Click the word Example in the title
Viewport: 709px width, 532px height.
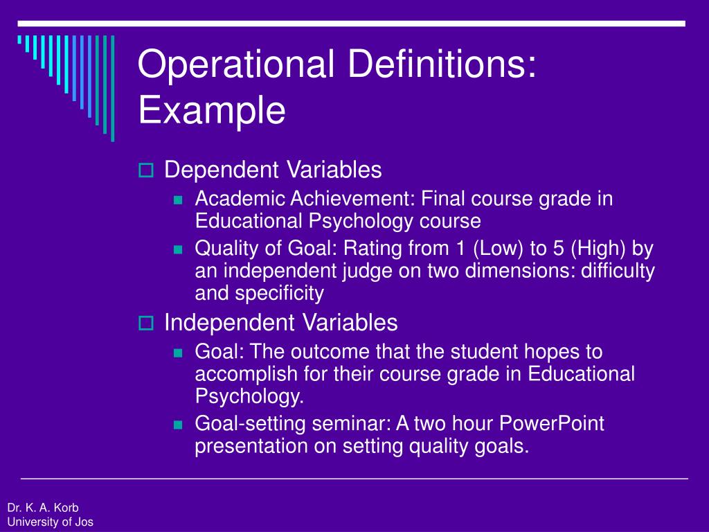[x=212, y=110]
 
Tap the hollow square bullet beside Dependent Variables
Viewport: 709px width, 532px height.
[x=145, y=170]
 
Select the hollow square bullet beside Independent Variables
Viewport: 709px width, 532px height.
[x=145, y=323]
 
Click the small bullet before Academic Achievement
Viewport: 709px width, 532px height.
[x=177, y=200]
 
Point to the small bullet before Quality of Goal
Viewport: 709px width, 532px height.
[x=177, y=249]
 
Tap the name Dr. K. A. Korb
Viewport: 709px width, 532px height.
[x=43, y=507]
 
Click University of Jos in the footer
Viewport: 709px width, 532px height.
[x=50, y=522]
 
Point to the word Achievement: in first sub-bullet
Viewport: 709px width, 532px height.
[x=352, y=199]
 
